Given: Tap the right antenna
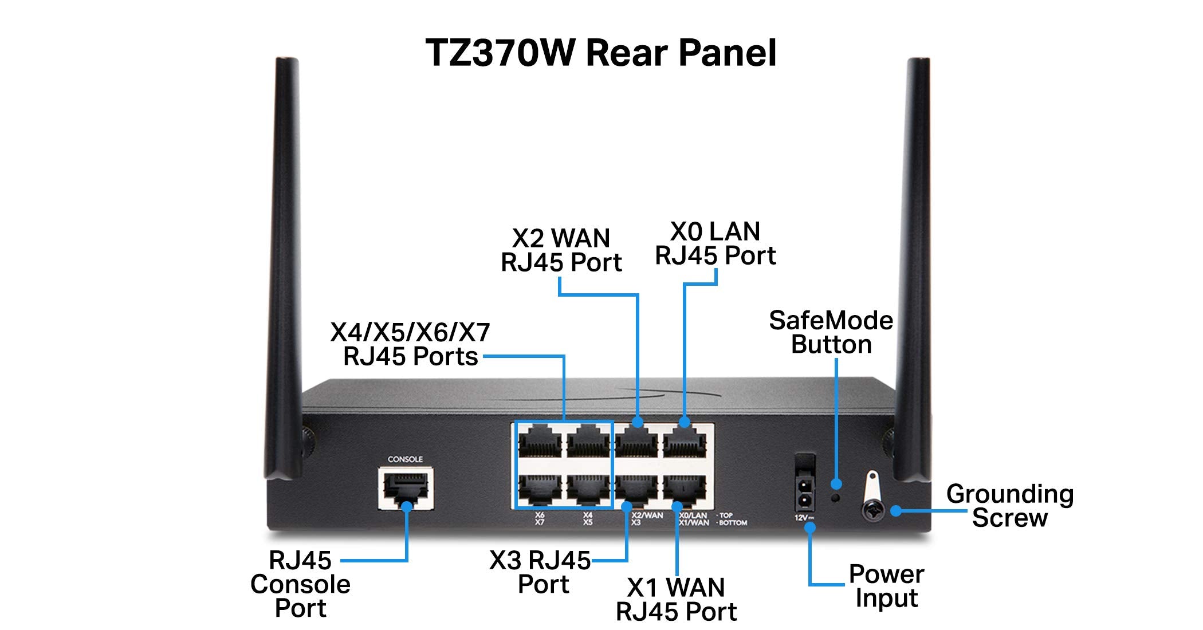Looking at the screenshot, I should point(915,258).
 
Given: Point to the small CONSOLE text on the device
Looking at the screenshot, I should point(405,459).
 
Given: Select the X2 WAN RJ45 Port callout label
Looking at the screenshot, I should point(561,250).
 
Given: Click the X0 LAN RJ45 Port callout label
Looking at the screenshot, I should point(715,244).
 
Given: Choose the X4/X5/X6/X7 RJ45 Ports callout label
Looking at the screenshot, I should point(410,344).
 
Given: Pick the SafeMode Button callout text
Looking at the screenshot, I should point(831,333).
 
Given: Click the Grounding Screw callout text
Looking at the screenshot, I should point(1009,506).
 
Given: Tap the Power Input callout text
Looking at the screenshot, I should point(886,586).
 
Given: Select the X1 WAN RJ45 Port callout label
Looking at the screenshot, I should point(676,600).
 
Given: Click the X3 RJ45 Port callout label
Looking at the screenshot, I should point(540,572).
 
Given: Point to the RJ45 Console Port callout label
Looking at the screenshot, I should point(300,584).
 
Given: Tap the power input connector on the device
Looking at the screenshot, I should point(805,493).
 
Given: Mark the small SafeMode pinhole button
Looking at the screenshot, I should point(836,498).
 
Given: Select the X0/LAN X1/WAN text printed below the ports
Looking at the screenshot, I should point(694,519).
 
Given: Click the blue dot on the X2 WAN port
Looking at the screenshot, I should point(638,423).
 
